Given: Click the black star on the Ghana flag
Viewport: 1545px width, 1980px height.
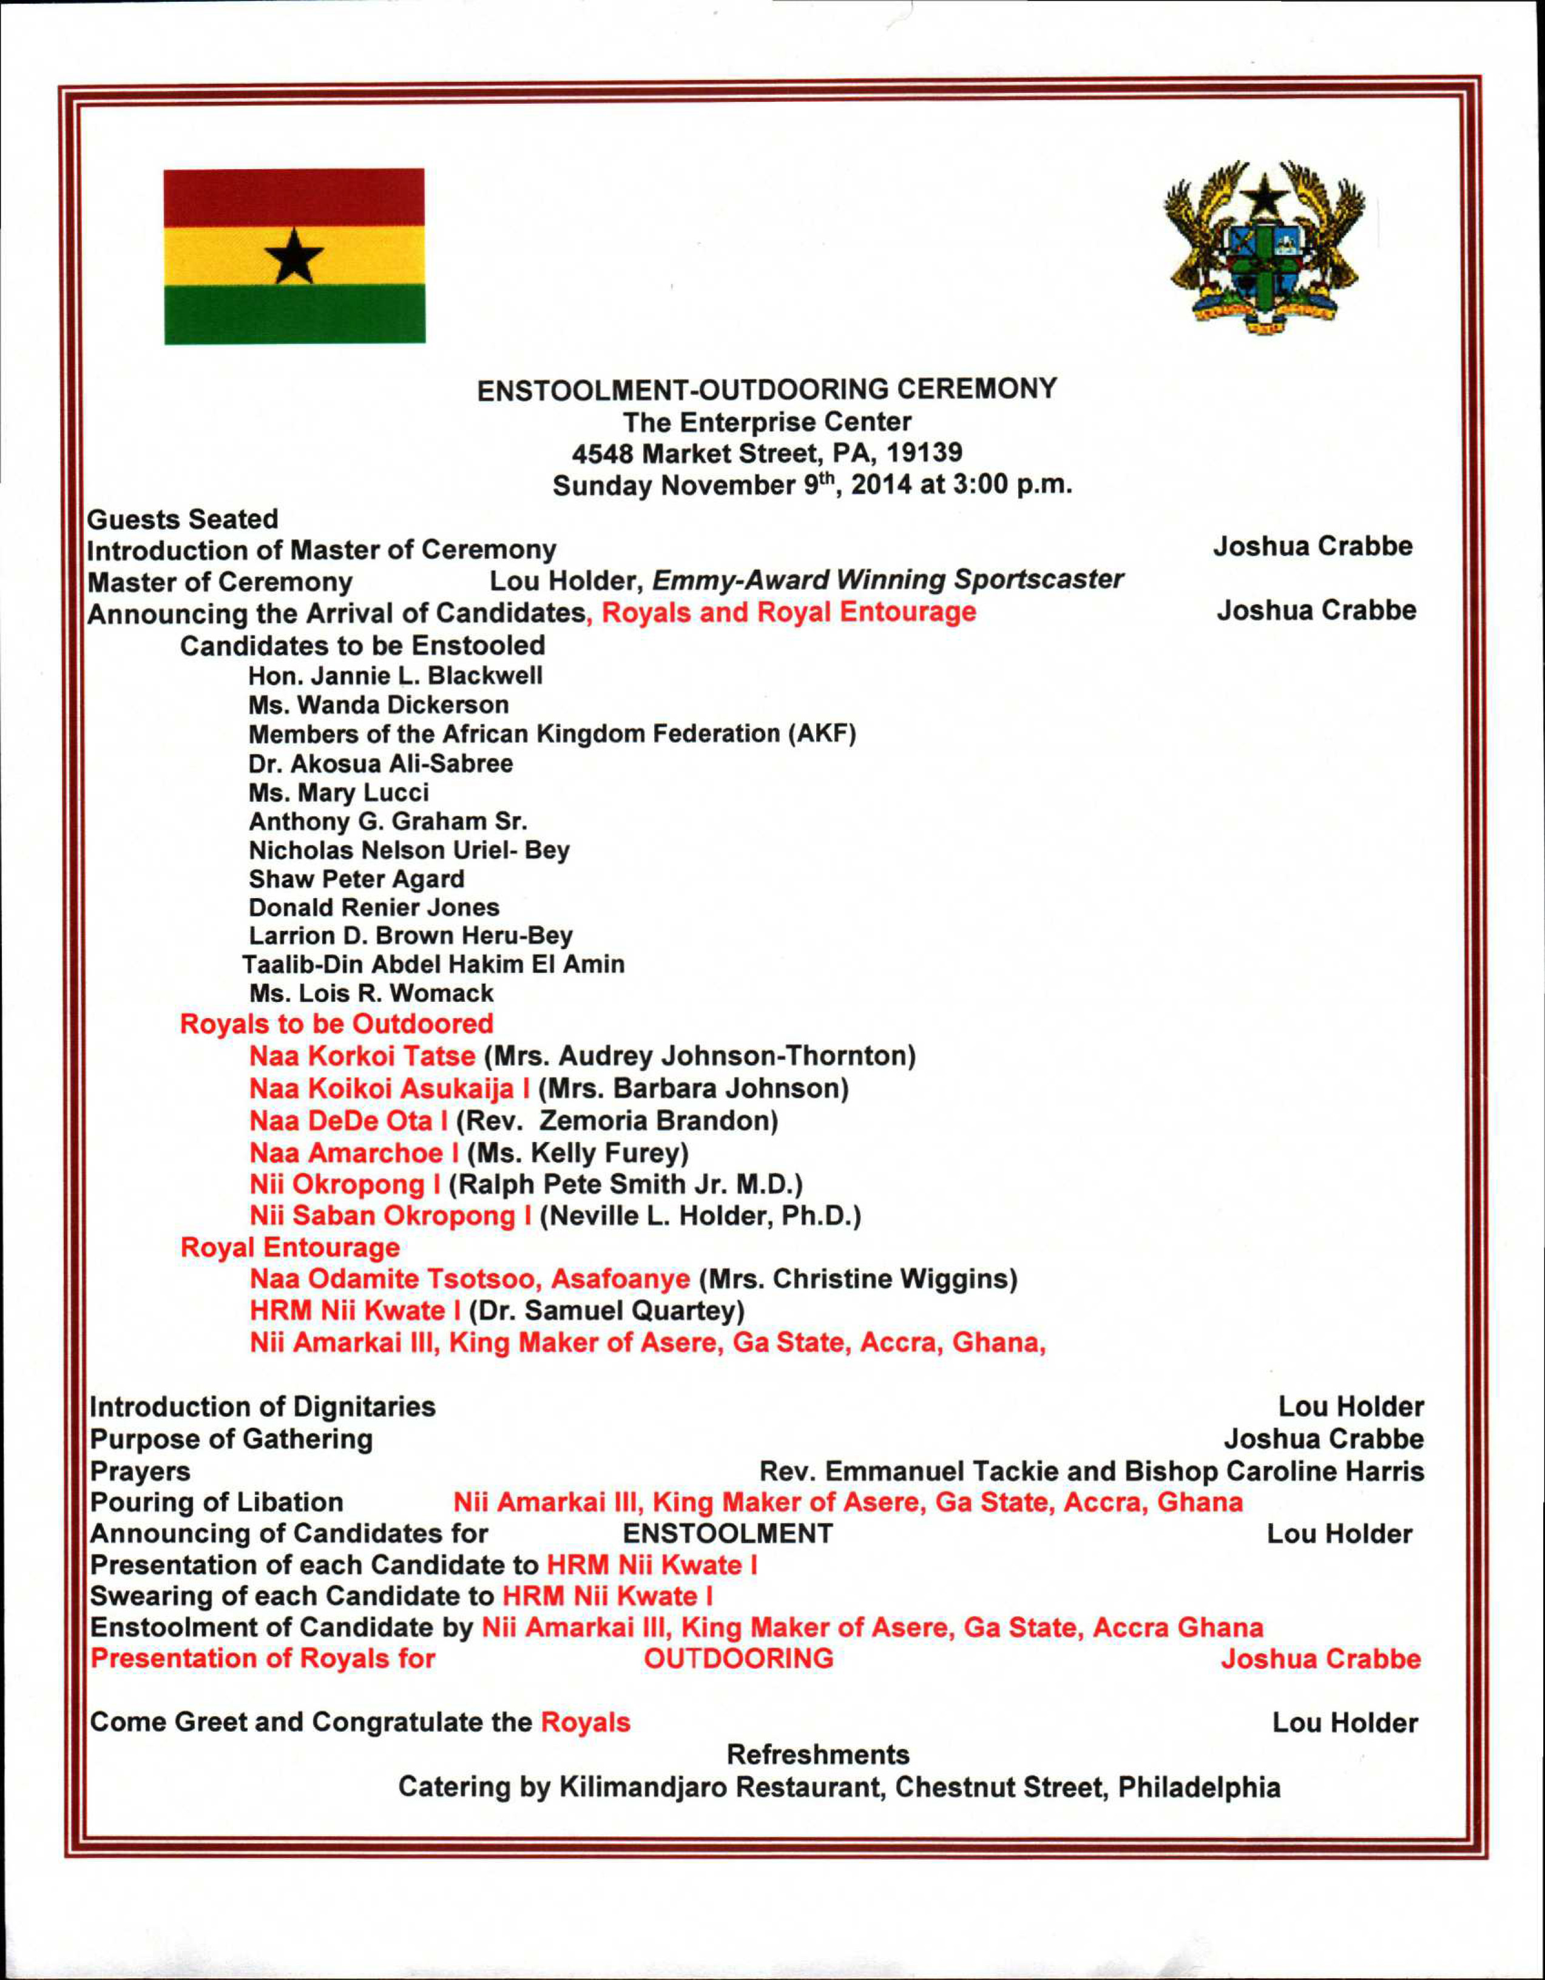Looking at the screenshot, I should pos(294,255).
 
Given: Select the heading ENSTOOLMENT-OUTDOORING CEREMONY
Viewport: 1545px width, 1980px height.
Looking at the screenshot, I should pos(767,389).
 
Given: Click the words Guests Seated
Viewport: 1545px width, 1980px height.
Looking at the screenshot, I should pos(182,519).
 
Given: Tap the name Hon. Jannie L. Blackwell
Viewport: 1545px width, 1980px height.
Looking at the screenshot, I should pos(395,677).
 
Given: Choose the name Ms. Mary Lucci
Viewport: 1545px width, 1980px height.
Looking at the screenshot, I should pos(338,792).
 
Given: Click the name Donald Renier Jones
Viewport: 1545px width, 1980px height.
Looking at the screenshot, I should pos(374,908).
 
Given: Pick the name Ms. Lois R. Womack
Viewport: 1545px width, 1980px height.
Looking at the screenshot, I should pos(371,993).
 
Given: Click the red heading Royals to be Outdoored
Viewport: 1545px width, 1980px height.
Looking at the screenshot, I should pos(336,1024).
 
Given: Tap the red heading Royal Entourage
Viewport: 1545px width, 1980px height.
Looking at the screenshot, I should pos(290,1248).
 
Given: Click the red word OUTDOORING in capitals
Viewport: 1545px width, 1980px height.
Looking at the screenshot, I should pos(738,1658).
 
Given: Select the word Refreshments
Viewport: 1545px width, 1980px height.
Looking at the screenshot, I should pos(818,1754).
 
